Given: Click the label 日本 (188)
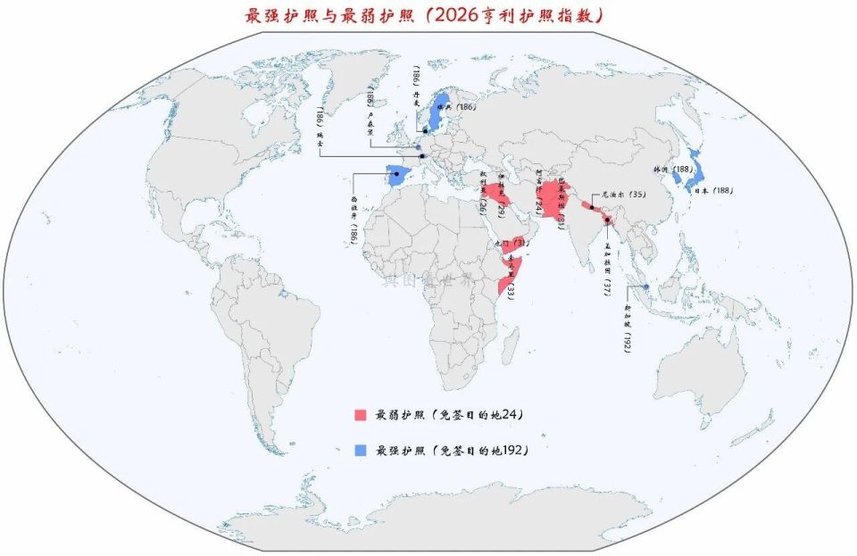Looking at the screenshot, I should (x=712, y=190).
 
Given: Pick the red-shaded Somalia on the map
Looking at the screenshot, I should (x=510, y=268).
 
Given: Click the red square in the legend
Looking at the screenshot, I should (x=361, y=415).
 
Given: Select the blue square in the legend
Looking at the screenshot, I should (x=361, y=451).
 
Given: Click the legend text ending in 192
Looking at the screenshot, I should (x=452, y=451).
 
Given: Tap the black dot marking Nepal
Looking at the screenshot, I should (x=592, y=207).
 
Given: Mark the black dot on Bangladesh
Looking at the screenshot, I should (x=607, y=220).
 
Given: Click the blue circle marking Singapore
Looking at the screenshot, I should (x=645, y=286).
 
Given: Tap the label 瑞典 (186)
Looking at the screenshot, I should (x=461, y=107).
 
